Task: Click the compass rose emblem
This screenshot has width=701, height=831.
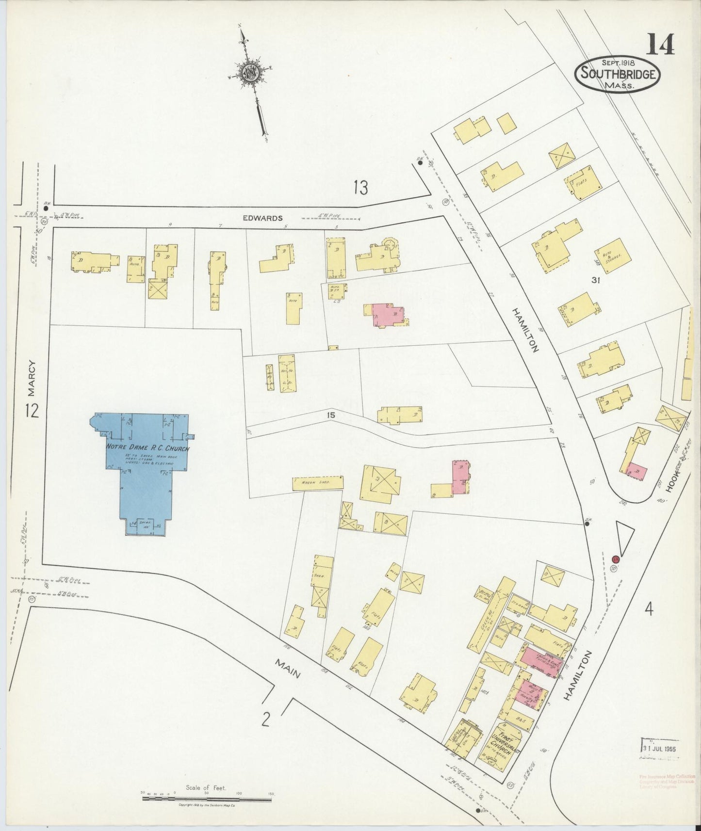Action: tap(251, 72)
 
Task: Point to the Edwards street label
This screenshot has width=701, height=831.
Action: tap(262, 218)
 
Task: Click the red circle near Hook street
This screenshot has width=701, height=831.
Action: tap(616, 559)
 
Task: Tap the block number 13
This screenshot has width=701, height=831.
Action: tap(360, 188)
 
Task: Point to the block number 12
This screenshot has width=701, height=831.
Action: tap(32, 411)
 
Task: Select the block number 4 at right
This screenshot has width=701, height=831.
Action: tap(649, 608)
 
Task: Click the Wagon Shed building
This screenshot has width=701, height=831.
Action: tap(318, 483)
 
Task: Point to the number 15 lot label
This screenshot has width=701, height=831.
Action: tap(331, 415)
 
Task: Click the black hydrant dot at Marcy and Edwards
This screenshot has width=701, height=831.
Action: tap(46, 208)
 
